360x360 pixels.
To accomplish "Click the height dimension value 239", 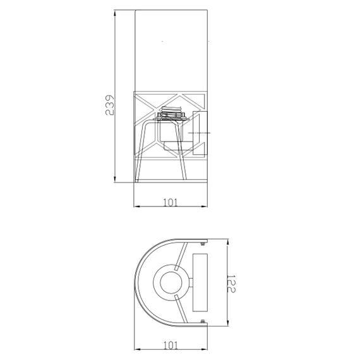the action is pos(109,105).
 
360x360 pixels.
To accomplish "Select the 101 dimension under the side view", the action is pos(170,203).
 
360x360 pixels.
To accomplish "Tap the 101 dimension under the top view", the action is pos(171,345).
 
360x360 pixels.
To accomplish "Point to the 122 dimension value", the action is pos(231,284).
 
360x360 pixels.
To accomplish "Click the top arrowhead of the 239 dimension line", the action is pos(115,13).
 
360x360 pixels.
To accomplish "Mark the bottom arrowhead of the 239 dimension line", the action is pos(115,179).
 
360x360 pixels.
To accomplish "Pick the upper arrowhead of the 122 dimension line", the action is pos(227,243).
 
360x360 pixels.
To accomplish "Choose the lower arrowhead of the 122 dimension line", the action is pos(227,322).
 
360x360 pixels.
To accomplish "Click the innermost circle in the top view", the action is pos(171,282).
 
